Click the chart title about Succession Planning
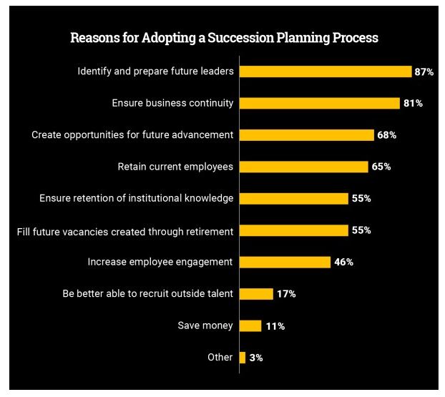(224, 38)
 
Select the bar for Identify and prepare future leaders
(325, 72)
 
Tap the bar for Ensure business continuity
(319, 103)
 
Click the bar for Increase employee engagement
(285, 262)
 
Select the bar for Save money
(250, 325)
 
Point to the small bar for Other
(243, 357)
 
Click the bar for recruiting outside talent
(256, 293)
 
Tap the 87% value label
(424, 72)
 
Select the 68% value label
(387, 135)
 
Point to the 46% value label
(343, 262)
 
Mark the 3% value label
(256, 357)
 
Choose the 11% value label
(275, 325)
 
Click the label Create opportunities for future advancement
(132, 135)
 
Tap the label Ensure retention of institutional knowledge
(136, 198)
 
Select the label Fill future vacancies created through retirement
(125, 230)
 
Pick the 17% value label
(286, 293)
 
